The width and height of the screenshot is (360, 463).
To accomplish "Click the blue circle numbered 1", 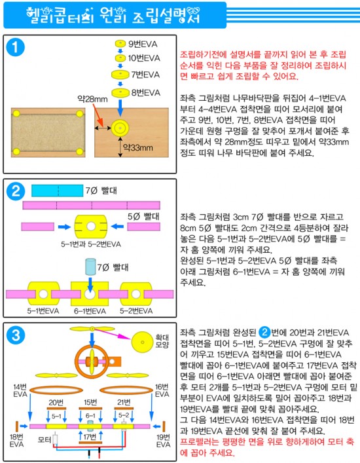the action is (x=15, y=47).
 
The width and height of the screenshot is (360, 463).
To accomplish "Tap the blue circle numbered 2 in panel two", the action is (x=15, y=191).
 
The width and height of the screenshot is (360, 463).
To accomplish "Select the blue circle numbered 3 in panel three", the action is (x=15, y=335).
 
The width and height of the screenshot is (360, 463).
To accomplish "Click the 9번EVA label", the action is (x=143, y=44).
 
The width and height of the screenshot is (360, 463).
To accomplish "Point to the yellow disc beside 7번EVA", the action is (x=120, y=74).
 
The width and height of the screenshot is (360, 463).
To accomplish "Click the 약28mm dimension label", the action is (x=92, y=99).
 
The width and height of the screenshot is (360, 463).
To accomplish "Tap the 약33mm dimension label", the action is (x=138, y=147).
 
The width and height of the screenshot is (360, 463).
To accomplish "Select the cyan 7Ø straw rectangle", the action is (x=57, y=191).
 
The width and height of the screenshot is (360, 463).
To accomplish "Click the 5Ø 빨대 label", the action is (x=143, y=217).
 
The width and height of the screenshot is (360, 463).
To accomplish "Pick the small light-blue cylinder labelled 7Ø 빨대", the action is (x=90, y=267).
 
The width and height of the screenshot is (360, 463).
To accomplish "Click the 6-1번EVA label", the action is (x=90, y=311).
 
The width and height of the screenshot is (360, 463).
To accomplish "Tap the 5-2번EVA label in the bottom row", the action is (x=136, y=311).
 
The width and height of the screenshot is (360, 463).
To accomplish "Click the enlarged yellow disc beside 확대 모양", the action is (x=142, y=343).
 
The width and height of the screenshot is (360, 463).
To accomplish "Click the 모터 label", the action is (x=45, y=439).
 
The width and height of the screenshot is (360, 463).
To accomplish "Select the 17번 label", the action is (x=90, y=436).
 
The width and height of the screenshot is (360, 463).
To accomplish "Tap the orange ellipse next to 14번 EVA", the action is (x=56, y=390).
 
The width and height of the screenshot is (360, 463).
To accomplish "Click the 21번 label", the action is (x=124, y=402).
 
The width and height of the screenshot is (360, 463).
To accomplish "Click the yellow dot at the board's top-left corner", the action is (x=16, y=113).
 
